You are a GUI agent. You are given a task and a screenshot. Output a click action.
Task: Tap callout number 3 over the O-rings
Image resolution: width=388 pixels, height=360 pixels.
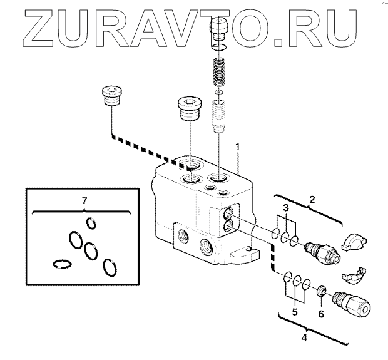tap(286, 208)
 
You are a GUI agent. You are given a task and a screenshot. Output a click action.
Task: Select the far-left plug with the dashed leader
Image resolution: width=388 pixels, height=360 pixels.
tap(110, 98)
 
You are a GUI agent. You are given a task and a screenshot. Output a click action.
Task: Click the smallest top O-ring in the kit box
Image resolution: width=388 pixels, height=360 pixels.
tap(91, 223)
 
